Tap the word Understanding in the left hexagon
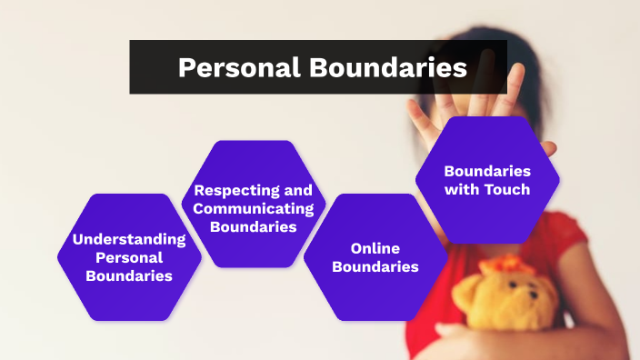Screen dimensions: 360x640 pyautogui.click(x=129, y=240)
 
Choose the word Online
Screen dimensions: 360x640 pyautogui.click(x=375, y=248)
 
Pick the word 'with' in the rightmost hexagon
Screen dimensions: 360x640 pyautogui.click(x=463, y=189)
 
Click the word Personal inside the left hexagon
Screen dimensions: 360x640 pyautogui.click(x=129, y=258)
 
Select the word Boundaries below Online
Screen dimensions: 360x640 pyautogui.click(x=375, y=267)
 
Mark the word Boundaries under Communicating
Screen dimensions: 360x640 pyautogui.click(x=254, y=227)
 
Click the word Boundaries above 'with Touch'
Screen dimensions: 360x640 pyautogui.click(x=487, y=171)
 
